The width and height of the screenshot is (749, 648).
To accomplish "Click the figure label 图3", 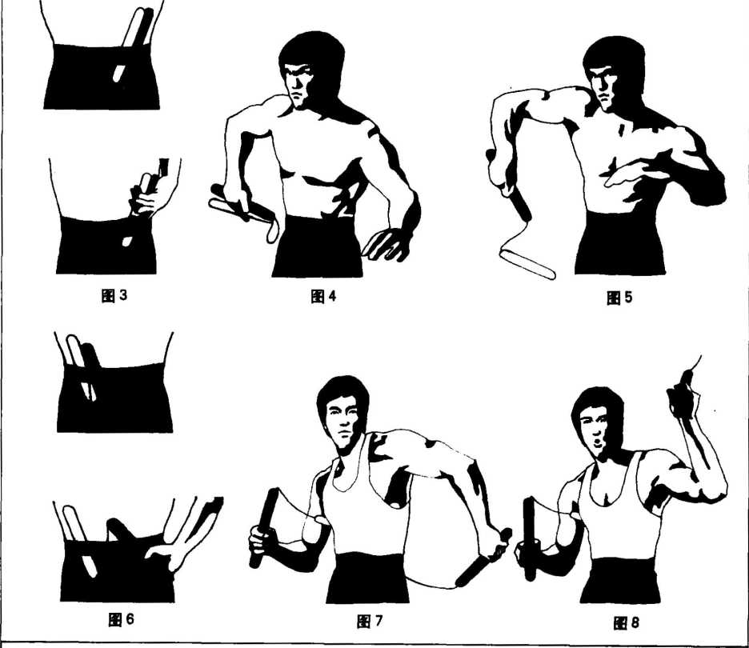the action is point(114,296).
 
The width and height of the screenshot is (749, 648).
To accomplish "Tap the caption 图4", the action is point(323,297).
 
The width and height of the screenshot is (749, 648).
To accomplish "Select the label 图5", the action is point(619,298).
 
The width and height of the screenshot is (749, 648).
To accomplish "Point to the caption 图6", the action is point(122,620).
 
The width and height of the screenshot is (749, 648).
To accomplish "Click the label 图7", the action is point(370,622).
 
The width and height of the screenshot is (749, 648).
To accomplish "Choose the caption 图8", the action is point(626,622).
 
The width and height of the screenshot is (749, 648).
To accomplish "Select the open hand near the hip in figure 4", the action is point(386,243).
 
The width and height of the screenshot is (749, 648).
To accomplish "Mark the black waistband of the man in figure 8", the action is point(621,578).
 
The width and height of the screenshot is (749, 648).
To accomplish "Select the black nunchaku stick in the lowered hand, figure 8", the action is point(531,538).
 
